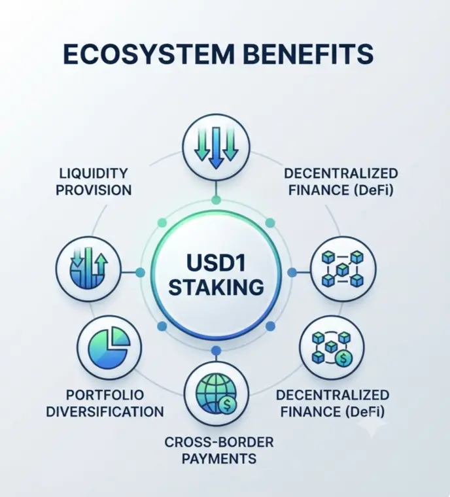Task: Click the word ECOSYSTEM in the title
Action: (148, 54)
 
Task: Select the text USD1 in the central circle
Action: (216, 262)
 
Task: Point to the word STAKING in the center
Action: (216, 287)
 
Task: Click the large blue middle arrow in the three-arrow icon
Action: (216, 147)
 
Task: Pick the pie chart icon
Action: (109, 347)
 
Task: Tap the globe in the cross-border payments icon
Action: (215, 393)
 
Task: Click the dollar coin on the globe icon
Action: (227, 405)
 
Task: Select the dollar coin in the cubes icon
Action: (343, 358)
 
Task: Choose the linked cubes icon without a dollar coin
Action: (343, 269)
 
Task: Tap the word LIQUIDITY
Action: (94, 173)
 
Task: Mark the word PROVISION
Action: (94, 190)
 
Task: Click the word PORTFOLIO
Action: (105, 395)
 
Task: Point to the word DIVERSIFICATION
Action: (105, 412)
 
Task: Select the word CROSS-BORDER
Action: (219, 442)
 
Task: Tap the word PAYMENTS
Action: (219, 458)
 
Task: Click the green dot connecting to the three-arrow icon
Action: (216, 200)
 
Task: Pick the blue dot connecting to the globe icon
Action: (216, 351)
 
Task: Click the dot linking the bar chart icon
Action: (140, 272)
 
